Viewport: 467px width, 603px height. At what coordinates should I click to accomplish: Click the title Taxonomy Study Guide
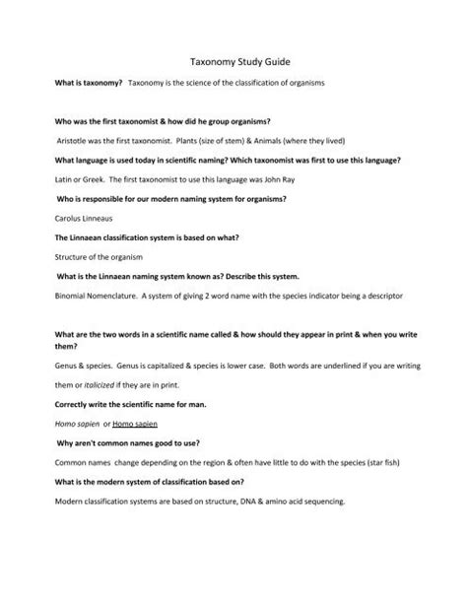coord(233,61)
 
